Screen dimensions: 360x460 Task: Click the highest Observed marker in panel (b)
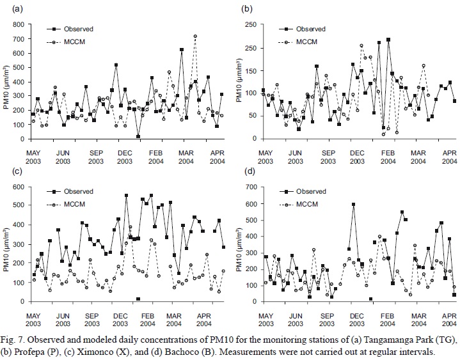(388, 40)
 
